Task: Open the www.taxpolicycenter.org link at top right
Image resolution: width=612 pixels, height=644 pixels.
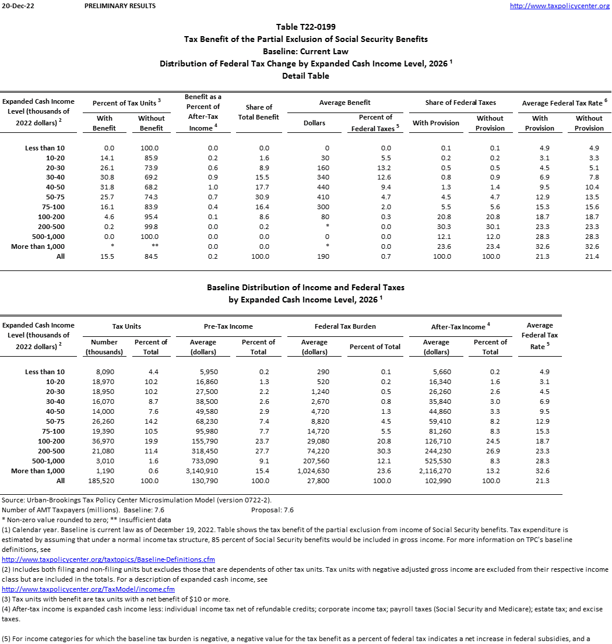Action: (559, 6)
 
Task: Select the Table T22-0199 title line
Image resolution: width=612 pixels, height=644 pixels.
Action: (305, 27)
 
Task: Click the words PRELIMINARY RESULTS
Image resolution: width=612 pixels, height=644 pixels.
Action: (120, 6)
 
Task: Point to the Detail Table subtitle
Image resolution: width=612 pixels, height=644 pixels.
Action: (305, 76)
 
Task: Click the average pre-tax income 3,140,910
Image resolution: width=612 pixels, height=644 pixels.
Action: (203, 471)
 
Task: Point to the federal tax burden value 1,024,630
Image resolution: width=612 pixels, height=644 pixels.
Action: (314, 471)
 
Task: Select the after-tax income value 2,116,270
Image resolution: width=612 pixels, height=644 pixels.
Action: (436, 471)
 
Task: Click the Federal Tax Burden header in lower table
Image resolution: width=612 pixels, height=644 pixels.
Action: (345, 326)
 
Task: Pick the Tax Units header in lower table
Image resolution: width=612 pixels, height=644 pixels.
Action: (126, 326)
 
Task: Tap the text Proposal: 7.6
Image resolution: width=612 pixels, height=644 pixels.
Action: (272, 510)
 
